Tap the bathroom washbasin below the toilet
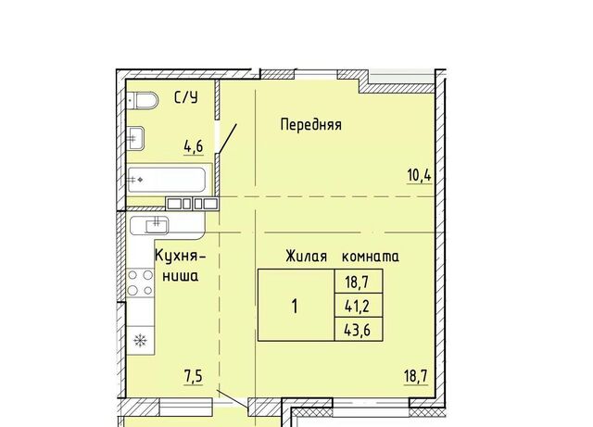[135, 138]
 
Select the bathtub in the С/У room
[167, 180]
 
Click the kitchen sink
[149, 225]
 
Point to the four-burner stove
[140, 283]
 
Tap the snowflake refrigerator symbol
[140, 341]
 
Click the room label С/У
[186, 97]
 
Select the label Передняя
[311, 125]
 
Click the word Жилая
[307, 257]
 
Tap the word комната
[371, 257]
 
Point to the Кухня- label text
[181, 256]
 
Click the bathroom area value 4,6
[194, 146]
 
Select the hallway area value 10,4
[420, 176]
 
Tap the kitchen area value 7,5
[194, 377]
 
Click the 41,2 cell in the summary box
[359, 306]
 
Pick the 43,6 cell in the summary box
[359, 330]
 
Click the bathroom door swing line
[226, 138]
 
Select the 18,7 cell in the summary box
[359, 282]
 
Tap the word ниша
[181, 276]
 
